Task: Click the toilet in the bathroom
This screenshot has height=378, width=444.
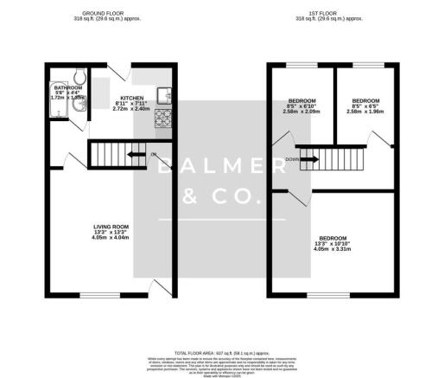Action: (x=78, y=80)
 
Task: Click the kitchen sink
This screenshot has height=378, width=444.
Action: (x=162, y=93)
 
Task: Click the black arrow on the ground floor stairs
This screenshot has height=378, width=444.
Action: (x=135, y=155)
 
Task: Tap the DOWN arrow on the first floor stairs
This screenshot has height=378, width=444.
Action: (x=305, y=159)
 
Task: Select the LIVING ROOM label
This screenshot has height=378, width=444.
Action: (x=111, y=227)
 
